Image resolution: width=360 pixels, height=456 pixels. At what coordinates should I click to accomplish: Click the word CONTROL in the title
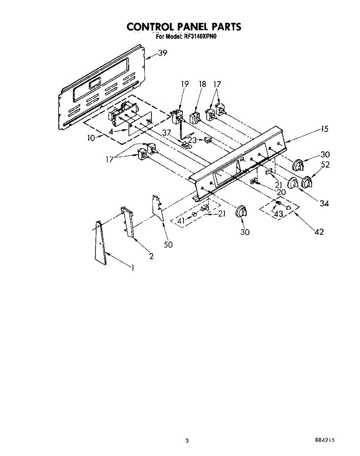point(150,27)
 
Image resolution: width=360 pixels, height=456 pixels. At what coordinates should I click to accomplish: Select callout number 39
point(162,53)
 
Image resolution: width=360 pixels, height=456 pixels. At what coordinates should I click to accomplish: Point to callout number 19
point(185,84)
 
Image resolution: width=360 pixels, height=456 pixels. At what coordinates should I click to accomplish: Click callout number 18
point(202,84)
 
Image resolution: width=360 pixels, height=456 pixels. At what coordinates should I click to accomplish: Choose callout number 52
point(325,165)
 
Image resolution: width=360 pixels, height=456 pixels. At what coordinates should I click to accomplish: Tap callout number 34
point(324,203)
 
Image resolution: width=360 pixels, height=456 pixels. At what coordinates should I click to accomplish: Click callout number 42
point(319,232)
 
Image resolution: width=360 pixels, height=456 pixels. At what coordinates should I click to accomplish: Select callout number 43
point(278,214)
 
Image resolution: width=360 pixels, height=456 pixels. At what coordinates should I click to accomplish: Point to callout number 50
point(168,245)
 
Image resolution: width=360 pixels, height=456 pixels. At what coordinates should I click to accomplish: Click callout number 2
point(151,256)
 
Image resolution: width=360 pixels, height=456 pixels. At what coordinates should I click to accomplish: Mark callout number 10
point(91,138)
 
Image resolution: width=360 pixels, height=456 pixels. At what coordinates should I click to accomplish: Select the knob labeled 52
point(306,183)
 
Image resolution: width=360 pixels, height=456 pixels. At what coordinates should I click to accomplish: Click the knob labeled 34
point(292,183)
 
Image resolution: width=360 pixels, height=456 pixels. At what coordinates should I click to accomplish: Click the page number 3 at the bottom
point(187,441)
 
